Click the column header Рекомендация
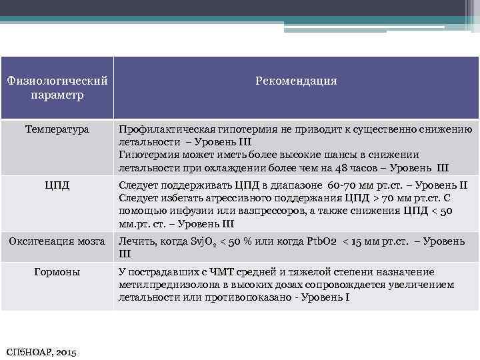tap(296, 81)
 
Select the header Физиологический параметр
tap(57, 87)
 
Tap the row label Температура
tap(57, 129)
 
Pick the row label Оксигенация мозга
tap(57, 241)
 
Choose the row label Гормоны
tap(57, 272)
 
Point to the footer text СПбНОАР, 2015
tap(41, 351)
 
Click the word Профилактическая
tap(161, 129)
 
